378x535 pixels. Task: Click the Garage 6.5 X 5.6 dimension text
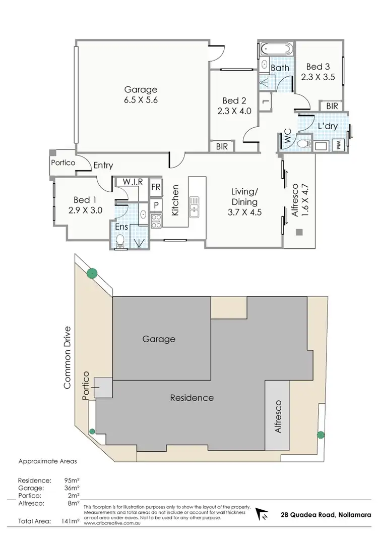coord(141,100)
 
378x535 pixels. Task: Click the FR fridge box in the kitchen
coord(156,186)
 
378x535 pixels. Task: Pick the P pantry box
coord(156,205)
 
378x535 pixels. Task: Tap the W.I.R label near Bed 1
coord(132,181)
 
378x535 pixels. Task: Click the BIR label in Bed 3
coord(332,106)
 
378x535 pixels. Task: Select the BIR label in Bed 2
coord(221,146)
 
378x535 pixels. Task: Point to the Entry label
coord(103,166)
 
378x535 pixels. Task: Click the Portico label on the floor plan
coord(63,163)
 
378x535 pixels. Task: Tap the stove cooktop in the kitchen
coord(156,220)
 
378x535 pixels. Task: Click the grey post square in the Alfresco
coord(299,232)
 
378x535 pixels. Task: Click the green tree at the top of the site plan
coord(91,274)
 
